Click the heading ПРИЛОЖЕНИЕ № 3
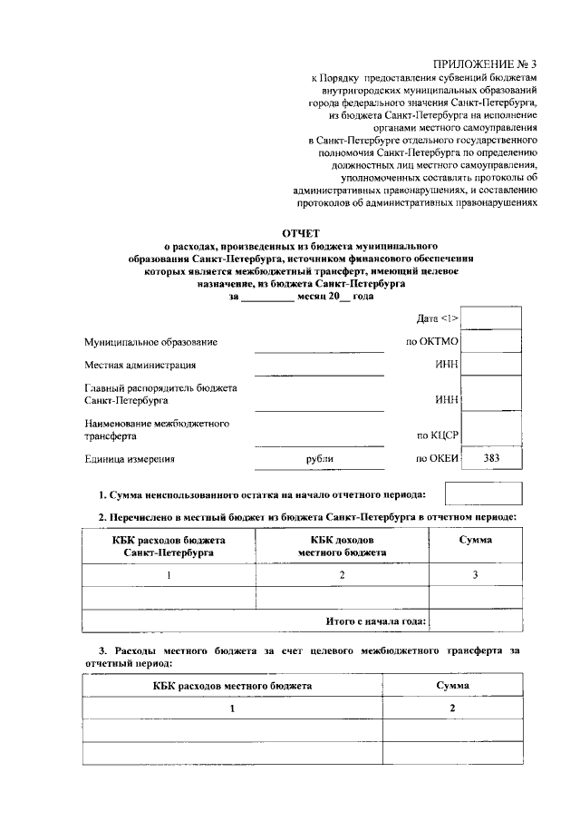tap(485, 64)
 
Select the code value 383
tap(491, 459)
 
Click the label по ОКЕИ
tap(438, 459)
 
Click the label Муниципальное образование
tap(151, 342)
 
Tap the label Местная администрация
tap(140, 366)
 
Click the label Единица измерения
tap(130, 459)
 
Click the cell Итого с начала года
tap(376, 621)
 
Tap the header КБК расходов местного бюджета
tap(232, 686)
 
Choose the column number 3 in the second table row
tap(475, 575)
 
